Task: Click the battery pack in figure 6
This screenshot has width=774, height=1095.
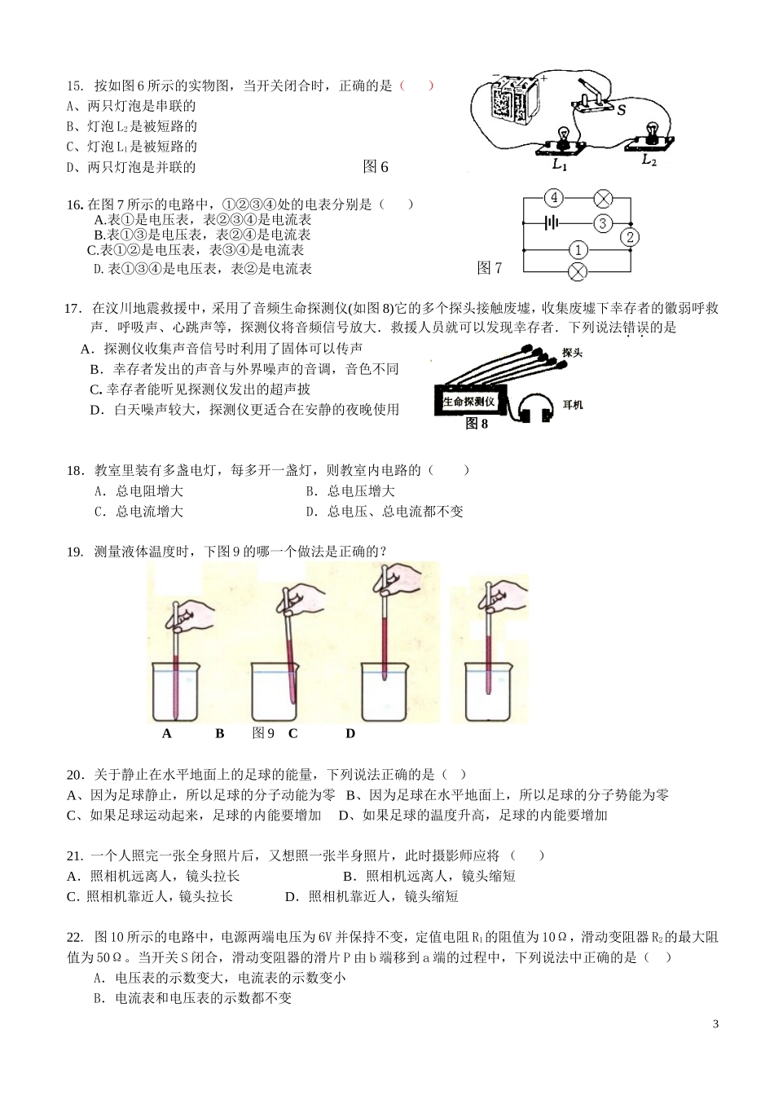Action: coord(512,99)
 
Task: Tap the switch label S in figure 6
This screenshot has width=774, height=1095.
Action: coord(622,109)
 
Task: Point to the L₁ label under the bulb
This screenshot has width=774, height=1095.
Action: coord(559,165)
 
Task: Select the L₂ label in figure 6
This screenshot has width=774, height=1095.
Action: coord(649,161)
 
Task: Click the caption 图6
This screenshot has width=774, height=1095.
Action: coord(375,167)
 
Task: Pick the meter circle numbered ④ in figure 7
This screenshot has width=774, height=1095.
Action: coord(554,198)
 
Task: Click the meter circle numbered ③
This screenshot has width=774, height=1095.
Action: coord(602,222)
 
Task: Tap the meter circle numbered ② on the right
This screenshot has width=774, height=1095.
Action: coord(630,237)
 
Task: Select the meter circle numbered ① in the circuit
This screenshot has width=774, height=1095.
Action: coord(577,249)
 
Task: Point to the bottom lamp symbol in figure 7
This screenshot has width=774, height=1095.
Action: coord(577,272)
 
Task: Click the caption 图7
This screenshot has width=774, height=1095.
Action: coord(490,268)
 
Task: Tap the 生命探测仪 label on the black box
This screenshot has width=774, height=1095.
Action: coord(469,402)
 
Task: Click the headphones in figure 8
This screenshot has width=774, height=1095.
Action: coord(535,407)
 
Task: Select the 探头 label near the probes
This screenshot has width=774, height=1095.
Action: coord(573,353)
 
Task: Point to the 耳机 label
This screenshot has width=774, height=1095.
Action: coord(573,405)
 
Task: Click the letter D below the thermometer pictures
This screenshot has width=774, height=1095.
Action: coord(350,733)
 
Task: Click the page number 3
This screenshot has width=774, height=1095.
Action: coord(715,1024)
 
